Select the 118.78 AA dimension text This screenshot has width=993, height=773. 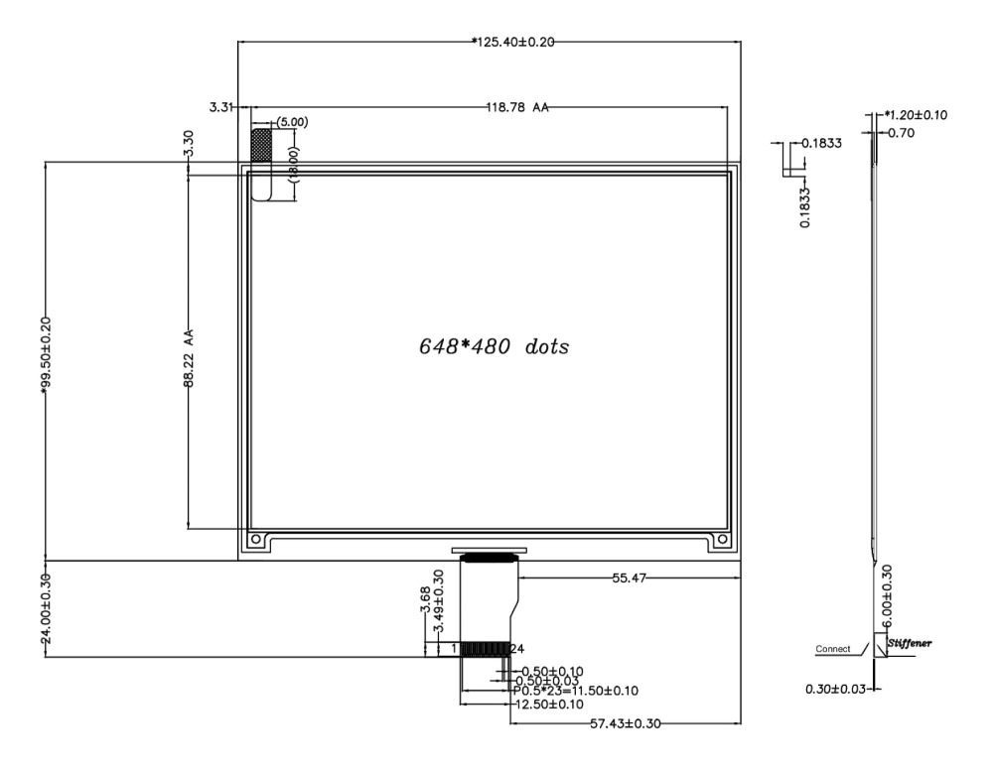pos(517,107)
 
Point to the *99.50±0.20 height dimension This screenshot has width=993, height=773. pos(46,358)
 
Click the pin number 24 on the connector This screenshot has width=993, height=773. pos(516,649)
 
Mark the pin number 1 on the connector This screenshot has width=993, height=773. pos(454,649)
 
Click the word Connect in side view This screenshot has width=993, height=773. pos(834,650)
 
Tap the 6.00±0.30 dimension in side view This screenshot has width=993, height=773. pos(886,593)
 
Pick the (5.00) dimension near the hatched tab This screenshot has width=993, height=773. pos(293,122)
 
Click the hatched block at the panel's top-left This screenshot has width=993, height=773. pos(261,145)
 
